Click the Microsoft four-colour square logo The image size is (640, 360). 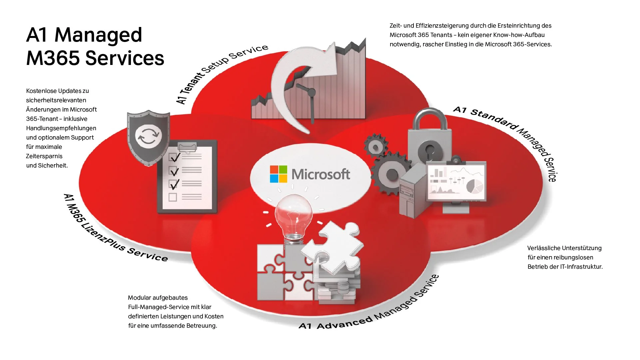point(278,174)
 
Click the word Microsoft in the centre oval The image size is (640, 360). point(320,174)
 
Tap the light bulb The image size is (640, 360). point(293,213)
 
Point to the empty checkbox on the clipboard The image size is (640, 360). point(173,197)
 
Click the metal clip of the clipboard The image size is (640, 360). point(187,147)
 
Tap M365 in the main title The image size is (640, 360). point(53,58)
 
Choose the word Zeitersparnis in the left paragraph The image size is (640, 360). point(44,156)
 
